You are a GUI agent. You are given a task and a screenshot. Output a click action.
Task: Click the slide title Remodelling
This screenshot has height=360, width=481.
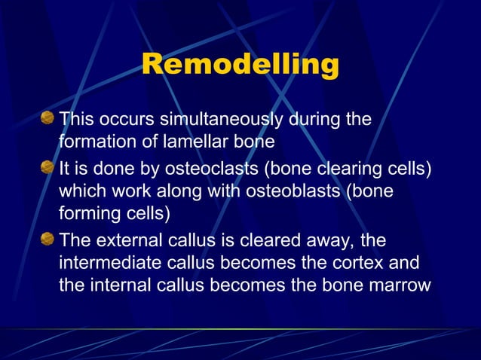coord(240,66)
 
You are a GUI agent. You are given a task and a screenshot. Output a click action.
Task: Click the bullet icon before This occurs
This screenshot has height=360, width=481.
coord(48,118)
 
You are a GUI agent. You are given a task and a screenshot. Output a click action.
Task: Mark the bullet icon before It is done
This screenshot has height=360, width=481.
coord(48,167)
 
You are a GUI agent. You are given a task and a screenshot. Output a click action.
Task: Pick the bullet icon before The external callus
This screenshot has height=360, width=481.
coord(48,239)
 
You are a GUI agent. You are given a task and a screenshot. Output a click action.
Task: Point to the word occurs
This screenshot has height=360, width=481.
coord(120,119)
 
